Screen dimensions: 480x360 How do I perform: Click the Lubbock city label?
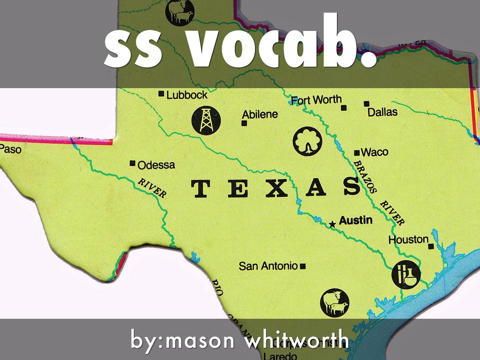[187, 95]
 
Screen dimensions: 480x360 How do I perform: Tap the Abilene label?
[260, 114]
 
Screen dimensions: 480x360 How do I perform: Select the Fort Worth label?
[316, 100]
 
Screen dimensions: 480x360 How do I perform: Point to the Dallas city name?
[382, 112]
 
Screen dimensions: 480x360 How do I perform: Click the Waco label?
[375, 152]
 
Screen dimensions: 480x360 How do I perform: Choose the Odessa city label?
[156, 165]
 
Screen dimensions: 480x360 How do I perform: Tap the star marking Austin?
[332, 225]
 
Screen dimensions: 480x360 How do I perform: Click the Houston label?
[408, 240]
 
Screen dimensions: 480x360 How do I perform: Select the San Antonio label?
[268, 266]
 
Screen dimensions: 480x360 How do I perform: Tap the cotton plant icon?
[307, 142]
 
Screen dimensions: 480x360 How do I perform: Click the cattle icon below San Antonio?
[335, 302]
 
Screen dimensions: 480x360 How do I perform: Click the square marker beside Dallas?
[367, 104]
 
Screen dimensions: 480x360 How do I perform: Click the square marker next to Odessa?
[133, 164]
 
